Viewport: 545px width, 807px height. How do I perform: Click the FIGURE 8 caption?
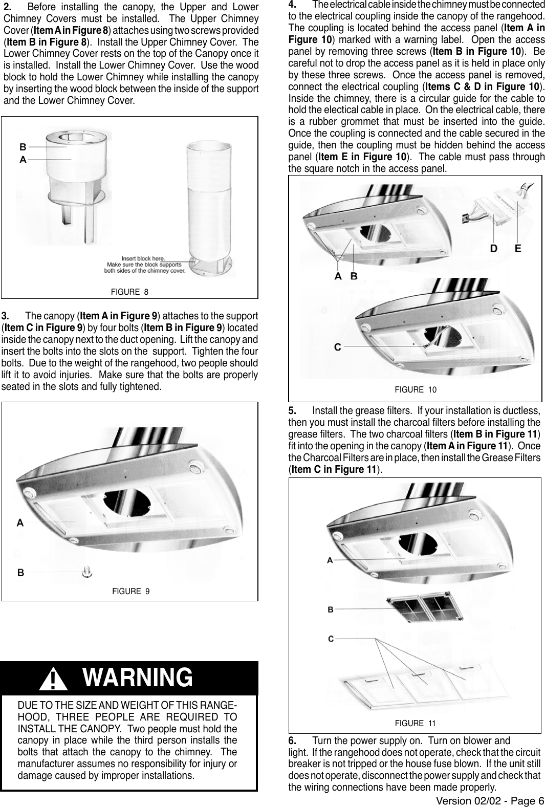pos(129,292)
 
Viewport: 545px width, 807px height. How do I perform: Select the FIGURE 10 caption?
pos(416,390)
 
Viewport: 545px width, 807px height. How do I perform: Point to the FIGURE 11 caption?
pos(415,723)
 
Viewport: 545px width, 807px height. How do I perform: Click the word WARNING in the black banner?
pos(138,678)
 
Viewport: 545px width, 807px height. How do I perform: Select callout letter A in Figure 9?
pos(20,522)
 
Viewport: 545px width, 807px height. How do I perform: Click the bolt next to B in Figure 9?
pos(88,571)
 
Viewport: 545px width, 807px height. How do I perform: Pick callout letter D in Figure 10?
pos(494,249)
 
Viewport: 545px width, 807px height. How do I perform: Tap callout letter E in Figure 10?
pos(518,249)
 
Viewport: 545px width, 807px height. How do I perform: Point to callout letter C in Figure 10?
pos(338,347)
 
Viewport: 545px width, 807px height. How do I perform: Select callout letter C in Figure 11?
pos(331,639)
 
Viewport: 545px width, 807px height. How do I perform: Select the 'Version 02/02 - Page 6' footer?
pos(490,801)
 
